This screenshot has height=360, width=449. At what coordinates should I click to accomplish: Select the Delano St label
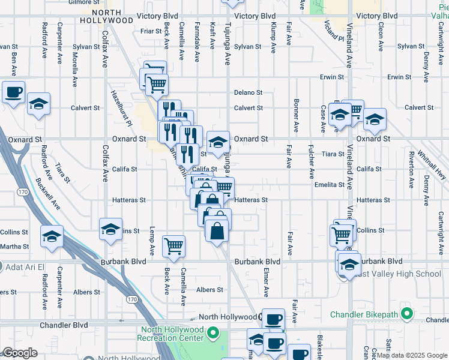[249, 92]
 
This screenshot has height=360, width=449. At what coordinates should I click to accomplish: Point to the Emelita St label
[329, 185]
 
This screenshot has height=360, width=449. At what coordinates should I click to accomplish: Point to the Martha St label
[14, 247]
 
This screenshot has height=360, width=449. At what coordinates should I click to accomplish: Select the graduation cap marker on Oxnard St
[217, 142]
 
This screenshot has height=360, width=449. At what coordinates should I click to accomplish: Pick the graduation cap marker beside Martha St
[52, 236]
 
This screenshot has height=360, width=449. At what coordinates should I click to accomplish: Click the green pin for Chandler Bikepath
[407, 314]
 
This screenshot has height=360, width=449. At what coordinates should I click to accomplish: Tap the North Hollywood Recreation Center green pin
[211, 332]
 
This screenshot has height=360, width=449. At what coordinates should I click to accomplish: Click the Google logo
[20, 353]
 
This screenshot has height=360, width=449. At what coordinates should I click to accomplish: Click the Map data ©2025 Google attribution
[411, 355]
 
